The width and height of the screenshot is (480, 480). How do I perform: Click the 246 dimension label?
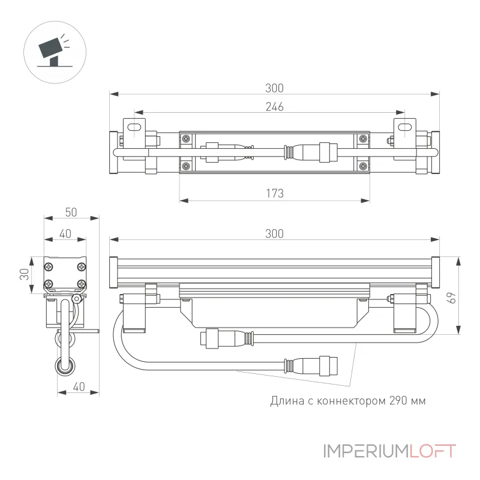[274, 107]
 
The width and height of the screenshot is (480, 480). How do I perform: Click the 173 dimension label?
[275, 193]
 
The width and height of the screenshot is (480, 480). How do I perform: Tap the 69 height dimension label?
[452, 298]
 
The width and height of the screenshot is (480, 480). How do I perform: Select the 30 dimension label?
[24, 274]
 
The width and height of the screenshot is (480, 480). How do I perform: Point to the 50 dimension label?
[71, 212]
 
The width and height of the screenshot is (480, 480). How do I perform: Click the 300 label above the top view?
[274, 88]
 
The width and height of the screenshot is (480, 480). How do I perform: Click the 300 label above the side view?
[274, 234]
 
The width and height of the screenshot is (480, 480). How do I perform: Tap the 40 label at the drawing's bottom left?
[79, 387]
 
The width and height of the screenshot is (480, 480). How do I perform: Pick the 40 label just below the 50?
[65, 234]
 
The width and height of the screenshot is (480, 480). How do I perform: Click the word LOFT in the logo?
[432, 451]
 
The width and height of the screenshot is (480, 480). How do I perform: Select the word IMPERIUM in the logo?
[366, 451]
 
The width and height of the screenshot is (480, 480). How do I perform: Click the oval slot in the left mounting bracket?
[134, 127]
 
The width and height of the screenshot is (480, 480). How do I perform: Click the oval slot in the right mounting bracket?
[404, 127]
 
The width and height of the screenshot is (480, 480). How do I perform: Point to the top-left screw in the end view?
[49, 267]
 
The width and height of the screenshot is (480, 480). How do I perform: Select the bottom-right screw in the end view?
[81, 284]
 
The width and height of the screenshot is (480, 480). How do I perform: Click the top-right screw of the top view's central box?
[363, 139]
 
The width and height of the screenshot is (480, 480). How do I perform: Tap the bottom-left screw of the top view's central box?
[186, 166]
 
